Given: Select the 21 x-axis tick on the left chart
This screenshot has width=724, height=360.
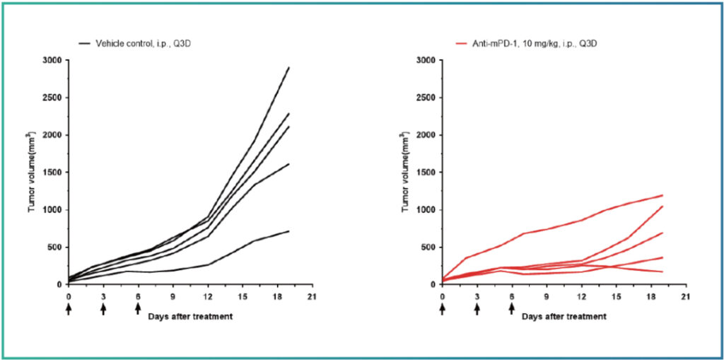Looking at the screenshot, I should point(311,297).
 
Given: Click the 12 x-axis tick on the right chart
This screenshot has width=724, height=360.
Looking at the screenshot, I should point(580,297).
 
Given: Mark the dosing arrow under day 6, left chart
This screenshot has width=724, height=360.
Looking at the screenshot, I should point(138,309).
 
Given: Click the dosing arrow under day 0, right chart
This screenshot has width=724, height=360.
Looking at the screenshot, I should point(442,309).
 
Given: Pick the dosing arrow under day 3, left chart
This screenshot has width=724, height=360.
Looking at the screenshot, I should point(103,309).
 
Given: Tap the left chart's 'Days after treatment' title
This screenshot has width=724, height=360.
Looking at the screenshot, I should point(190,316).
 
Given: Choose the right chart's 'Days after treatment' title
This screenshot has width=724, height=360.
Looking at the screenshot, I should point(564,316).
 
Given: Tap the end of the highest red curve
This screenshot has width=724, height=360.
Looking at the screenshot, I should point(662,195).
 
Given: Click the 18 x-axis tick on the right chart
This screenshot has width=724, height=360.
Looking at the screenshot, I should point(650,297).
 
